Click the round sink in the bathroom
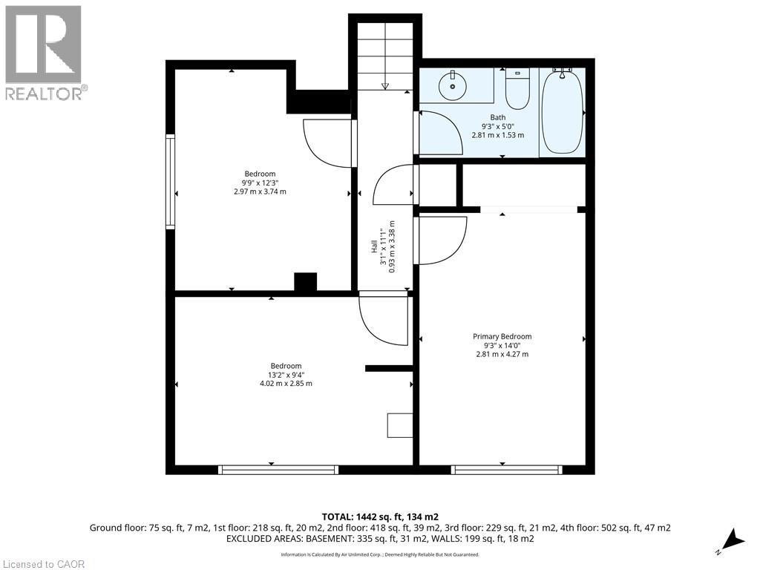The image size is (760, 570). (x=453, y=86)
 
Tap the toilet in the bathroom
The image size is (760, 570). (x=517, y=89)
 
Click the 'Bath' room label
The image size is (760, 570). (x=498, y=117)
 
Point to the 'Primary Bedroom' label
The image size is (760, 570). (x=502, y=336)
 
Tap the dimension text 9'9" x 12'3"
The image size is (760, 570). (x=260, y=183)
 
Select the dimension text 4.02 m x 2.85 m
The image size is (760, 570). (x=286, y=384)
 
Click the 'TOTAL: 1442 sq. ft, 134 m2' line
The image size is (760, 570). (x=380, y=517)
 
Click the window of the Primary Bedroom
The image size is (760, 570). (x=506, y=470)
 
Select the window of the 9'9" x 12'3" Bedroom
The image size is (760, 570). (x=170, y=181)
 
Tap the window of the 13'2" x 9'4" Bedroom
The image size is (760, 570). (x=278, y=470)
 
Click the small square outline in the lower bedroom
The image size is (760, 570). (x=399, y=425)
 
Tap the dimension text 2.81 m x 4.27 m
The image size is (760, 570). (x=502, y=354)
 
